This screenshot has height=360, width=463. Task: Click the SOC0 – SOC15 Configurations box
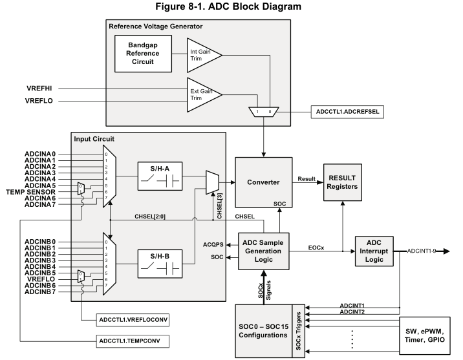coord(263,326)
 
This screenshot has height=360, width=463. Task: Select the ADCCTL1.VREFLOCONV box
coord(133,319)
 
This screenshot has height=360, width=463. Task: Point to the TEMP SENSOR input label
coord(38,191)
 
